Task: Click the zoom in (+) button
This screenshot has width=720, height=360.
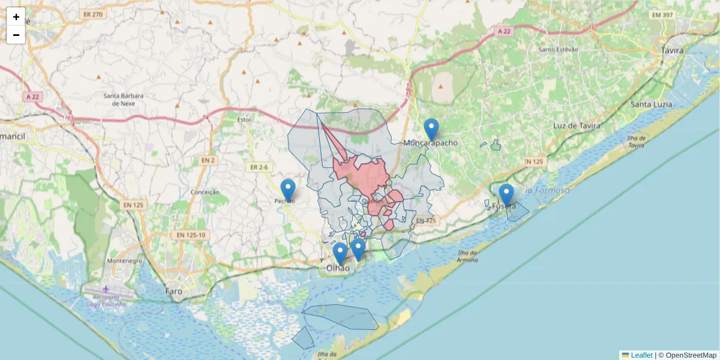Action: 16,17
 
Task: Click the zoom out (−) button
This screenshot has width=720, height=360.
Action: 16,35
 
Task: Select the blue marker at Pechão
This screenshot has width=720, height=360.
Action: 288,190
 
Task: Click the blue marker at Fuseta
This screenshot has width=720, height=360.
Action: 506,195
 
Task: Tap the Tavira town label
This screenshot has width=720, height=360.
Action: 672,50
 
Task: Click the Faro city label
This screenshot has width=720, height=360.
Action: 173,291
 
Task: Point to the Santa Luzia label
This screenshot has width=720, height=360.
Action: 651,104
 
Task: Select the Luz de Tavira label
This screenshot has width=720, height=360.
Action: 573,126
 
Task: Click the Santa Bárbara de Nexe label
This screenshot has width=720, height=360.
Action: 123,99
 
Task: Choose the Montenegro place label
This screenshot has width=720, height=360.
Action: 124,261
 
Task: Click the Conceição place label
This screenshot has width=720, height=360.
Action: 205,192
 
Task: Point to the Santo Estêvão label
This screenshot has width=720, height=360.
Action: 558,50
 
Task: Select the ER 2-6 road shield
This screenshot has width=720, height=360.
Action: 259,167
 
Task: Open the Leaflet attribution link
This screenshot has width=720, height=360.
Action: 641,355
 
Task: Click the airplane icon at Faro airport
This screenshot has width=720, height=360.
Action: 106,289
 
